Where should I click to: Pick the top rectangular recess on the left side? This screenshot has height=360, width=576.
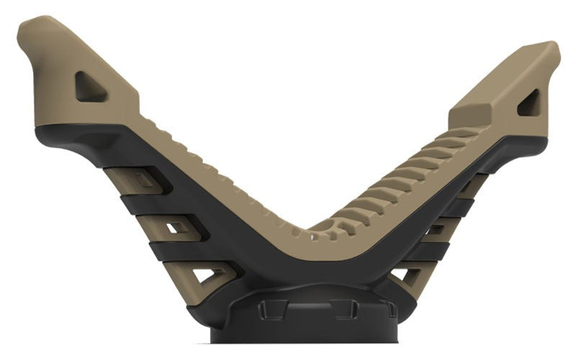pos(148,179)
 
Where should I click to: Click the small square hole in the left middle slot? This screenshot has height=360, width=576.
pos(174,228)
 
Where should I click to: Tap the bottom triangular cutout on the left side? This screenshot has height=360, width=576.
pos(209,274)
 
